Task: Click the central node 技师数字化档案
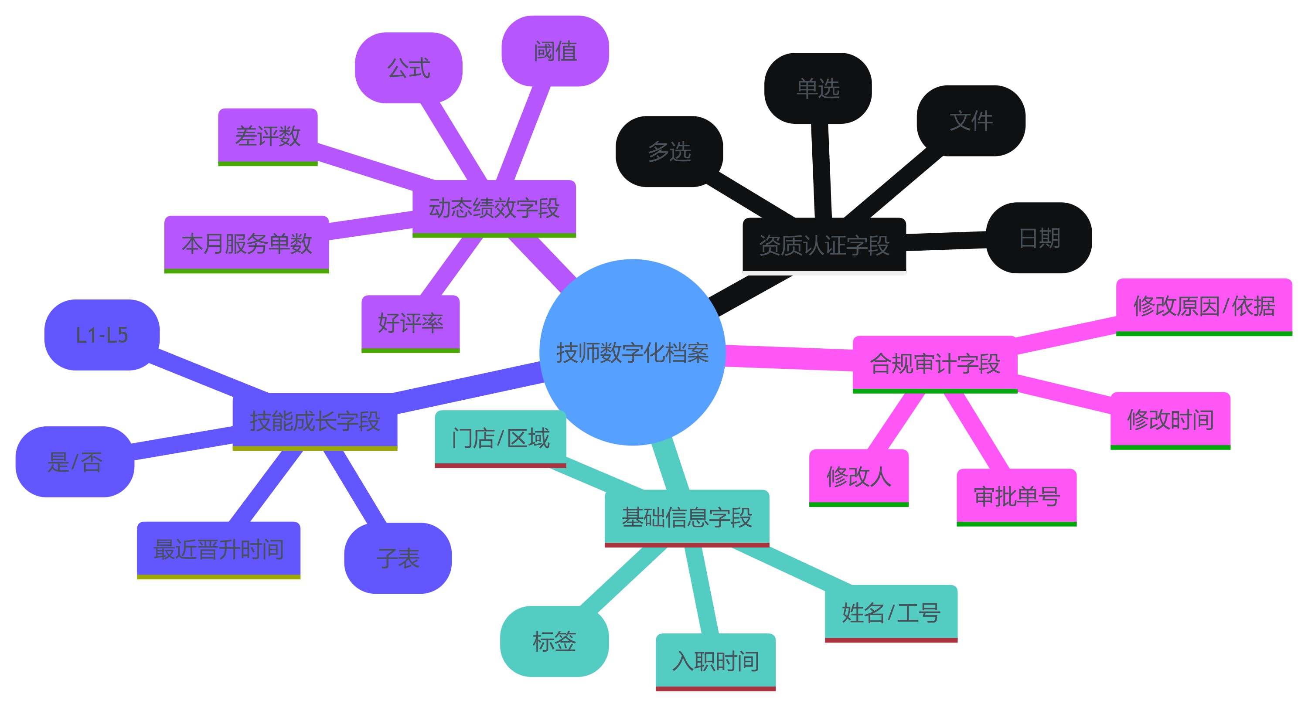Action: [x=632, y=352]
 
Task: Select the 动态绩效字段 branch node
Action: [x=494, y=208]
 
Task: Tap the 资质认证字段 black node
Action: [x=824, y=245]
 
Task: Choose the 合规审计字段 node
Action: [x=935, y=364]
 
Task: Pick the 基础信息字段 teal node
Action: [x=687, y=517]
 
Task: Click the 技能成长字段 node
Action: [x=315, y=421]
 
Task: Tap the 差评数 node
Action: [x=268, y=136]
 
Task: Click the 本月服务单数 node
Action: [x=246, y=244]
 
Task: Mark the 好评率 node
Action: [x=410, y=323]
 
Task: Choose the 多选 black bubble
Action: [x=669, y=151]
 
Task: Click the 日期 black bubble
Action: [x=1039, y=238]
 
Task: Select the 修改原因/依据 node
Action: [x=1203, y=306]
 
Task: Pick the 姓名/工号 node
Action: [x=891, y=612]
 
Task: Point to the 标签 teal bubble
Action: [x=554, y=641]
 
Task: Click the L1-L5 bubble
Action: [x=102, y=335]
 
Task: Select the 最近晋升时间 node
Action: [x=218, y=549]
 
